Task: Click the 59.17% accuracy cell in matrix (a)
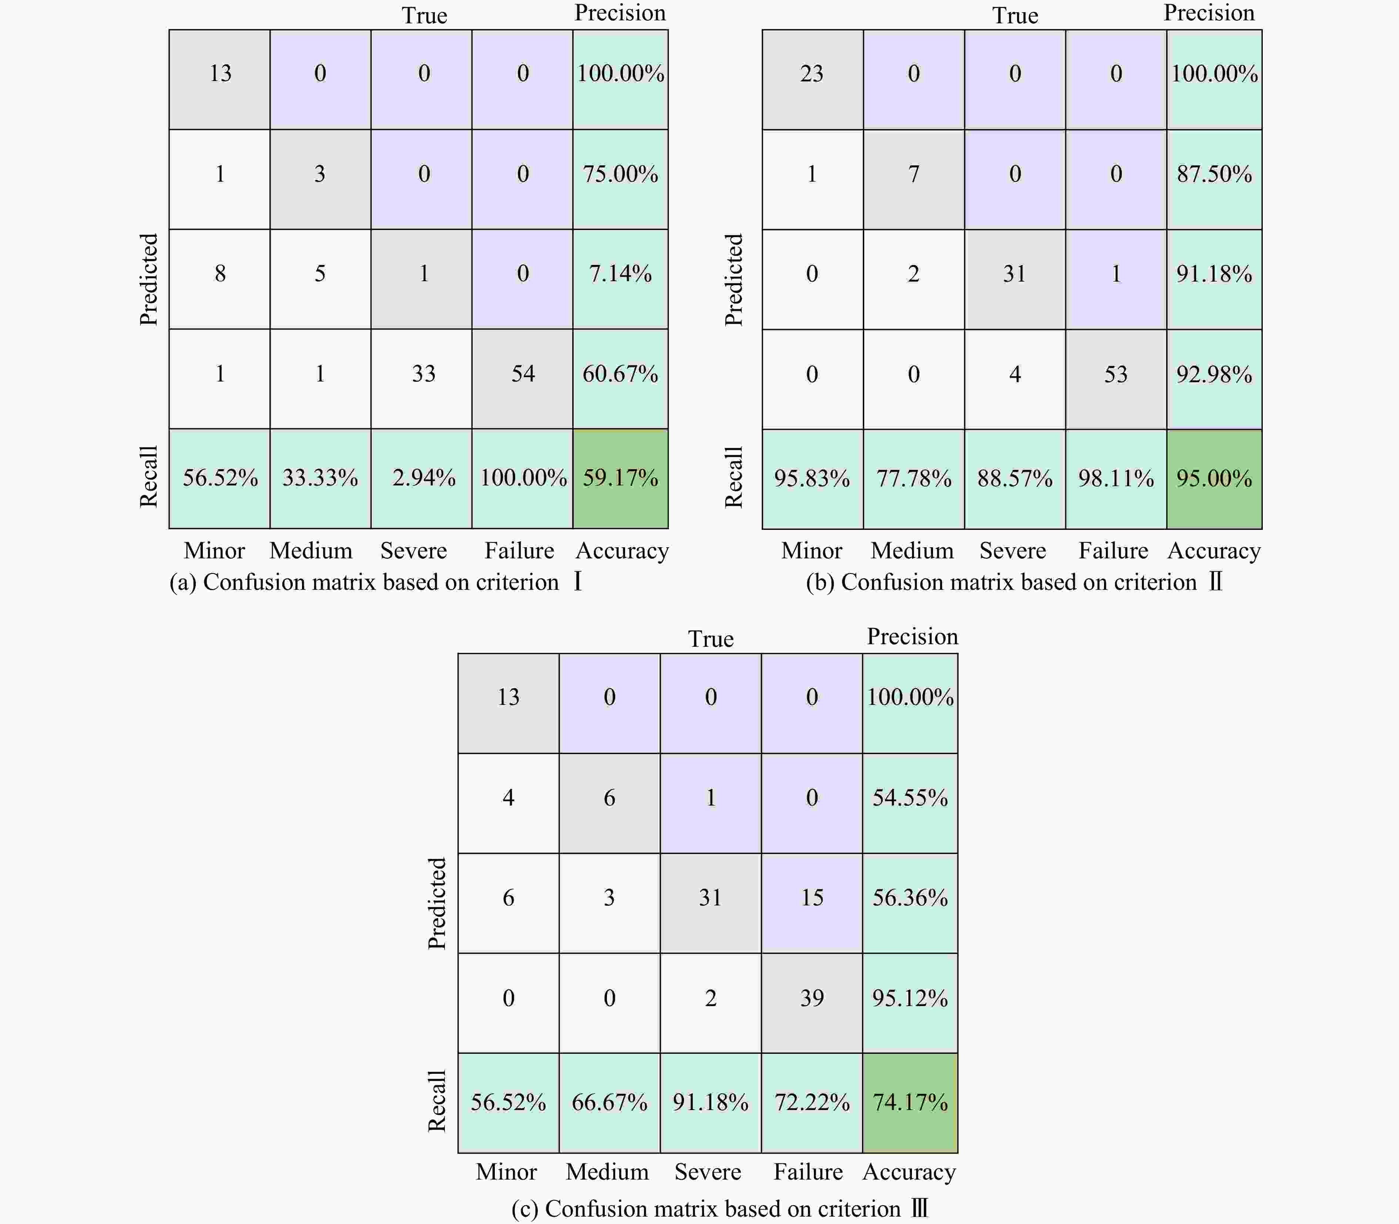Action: pos(620,478)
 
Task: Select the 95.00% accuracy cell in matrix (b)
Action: pos(1214,478)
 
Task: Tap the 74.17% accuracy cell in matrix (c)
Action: pos(910,1102)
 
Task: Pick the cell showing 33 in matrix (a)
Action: pos(423,374)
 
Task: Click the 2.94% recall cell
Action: pos(423,478)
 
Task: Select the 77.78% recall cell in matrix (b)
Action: pos(913,478)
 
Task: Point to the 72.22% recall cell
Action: pos(812,1102)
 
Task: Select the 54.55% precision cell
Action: pos(910,797)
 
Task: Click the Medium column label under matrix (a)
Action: pos(311,551)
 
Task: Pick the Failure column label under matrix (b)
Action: pos(1113,551)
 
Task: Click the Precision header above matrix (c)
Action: pos(912,636)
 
